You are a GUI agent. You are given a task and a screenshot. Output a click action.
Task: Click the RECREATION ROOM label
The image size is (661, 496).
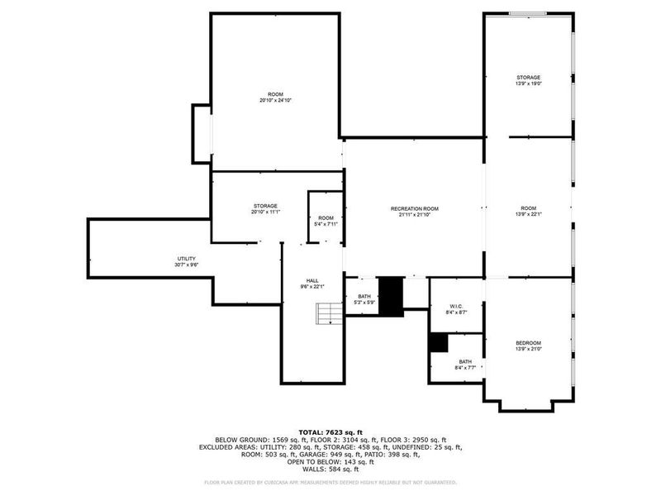[414, 208]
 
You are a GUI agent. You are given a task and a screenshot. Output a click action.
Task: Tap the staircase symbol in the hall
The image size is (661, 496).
[329, 314]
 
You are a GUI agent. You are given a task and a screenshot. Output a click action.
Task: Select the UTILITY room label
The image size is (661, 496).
[186, 259]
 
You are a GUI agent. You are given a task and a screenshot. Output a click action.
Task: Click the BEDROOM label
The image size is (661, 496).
[529, 343]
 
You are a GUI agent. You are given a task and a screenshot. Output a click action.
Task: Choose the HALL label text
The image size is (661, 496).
[312, 281]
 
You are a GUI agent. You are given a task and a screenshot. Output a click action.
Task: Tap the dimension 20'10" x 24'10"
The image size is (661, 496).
[275, 101]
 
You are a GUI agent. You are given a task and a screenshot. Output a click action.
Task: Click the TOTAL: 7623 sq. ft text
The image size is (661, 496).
[330, 432]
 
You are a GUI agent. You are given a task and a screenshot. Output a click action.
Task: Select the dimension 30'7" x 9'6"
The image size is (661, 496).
[186, 265]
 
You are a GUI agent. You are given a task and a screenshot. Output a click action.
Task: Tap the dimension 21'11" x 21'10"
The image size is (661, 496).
[414, 214]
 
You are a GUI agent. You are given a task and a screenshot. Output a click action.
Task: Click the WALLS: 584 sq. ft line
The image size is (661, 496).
[330, 468]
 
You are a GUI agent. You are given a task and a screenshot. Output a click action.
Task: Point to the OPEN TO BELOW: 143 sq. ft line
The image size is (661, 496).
[330, 461]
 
